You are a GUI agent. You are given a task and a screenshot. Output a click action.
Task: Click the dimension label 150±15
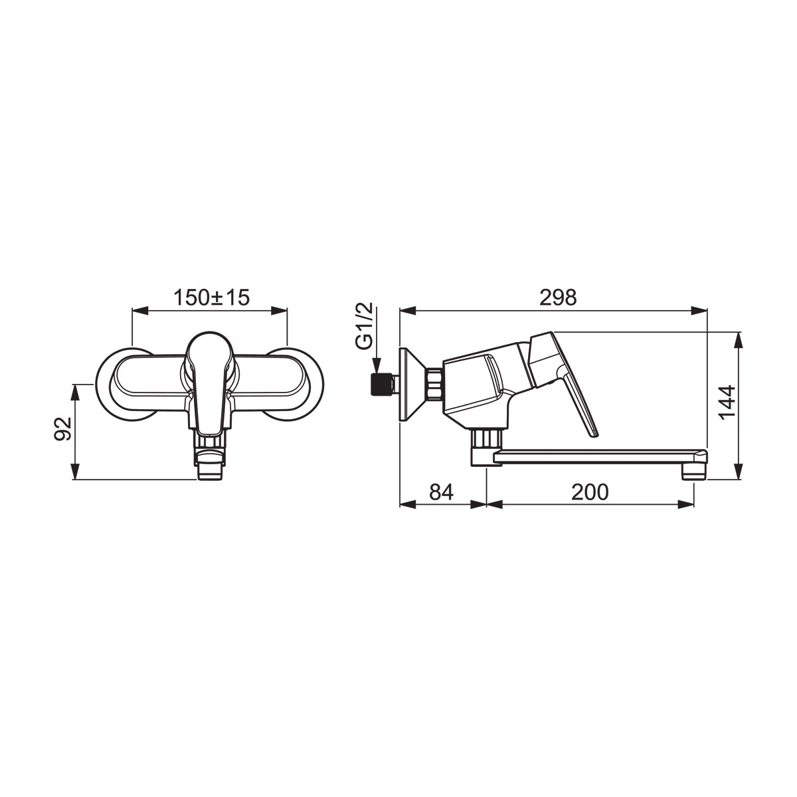pos(211,298)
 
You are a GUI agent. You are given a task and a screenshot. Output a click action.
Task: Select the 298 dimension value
pos(558,298)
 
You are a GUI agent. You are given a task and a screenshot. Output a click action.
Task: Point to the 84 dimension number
pos(441,491)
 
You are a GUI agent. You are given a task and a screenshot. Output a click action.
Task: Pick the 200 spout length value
pos(590,491)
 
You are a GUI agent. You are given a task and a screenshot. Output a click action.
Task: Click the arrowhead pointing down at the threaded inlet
pos(376,366)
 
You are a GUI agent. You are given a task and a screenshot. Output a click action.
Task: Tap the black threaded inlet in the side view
pos(380,385)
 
